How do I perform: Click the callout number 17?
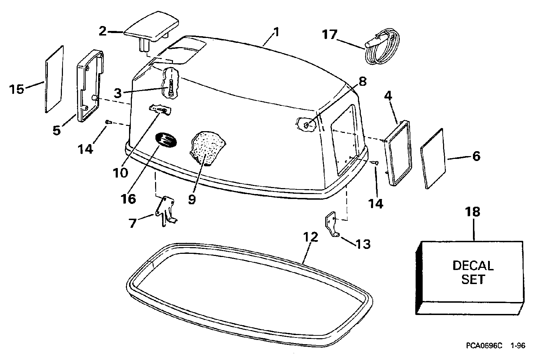pyautogui.click(x=329, y=35)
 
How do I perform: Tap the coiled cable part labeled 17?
pyautogui.click(x=382, y=50)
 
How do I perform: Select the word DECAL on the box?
pyautogui.click(x=473, y=265)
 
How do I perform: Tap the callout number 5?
pyautogui.click(x=57, y=130)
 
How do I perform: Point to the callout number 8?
pyautogui.click(x=362, y=81)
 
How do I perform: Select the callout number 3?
pyautogui.click(x=119, y=93)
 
